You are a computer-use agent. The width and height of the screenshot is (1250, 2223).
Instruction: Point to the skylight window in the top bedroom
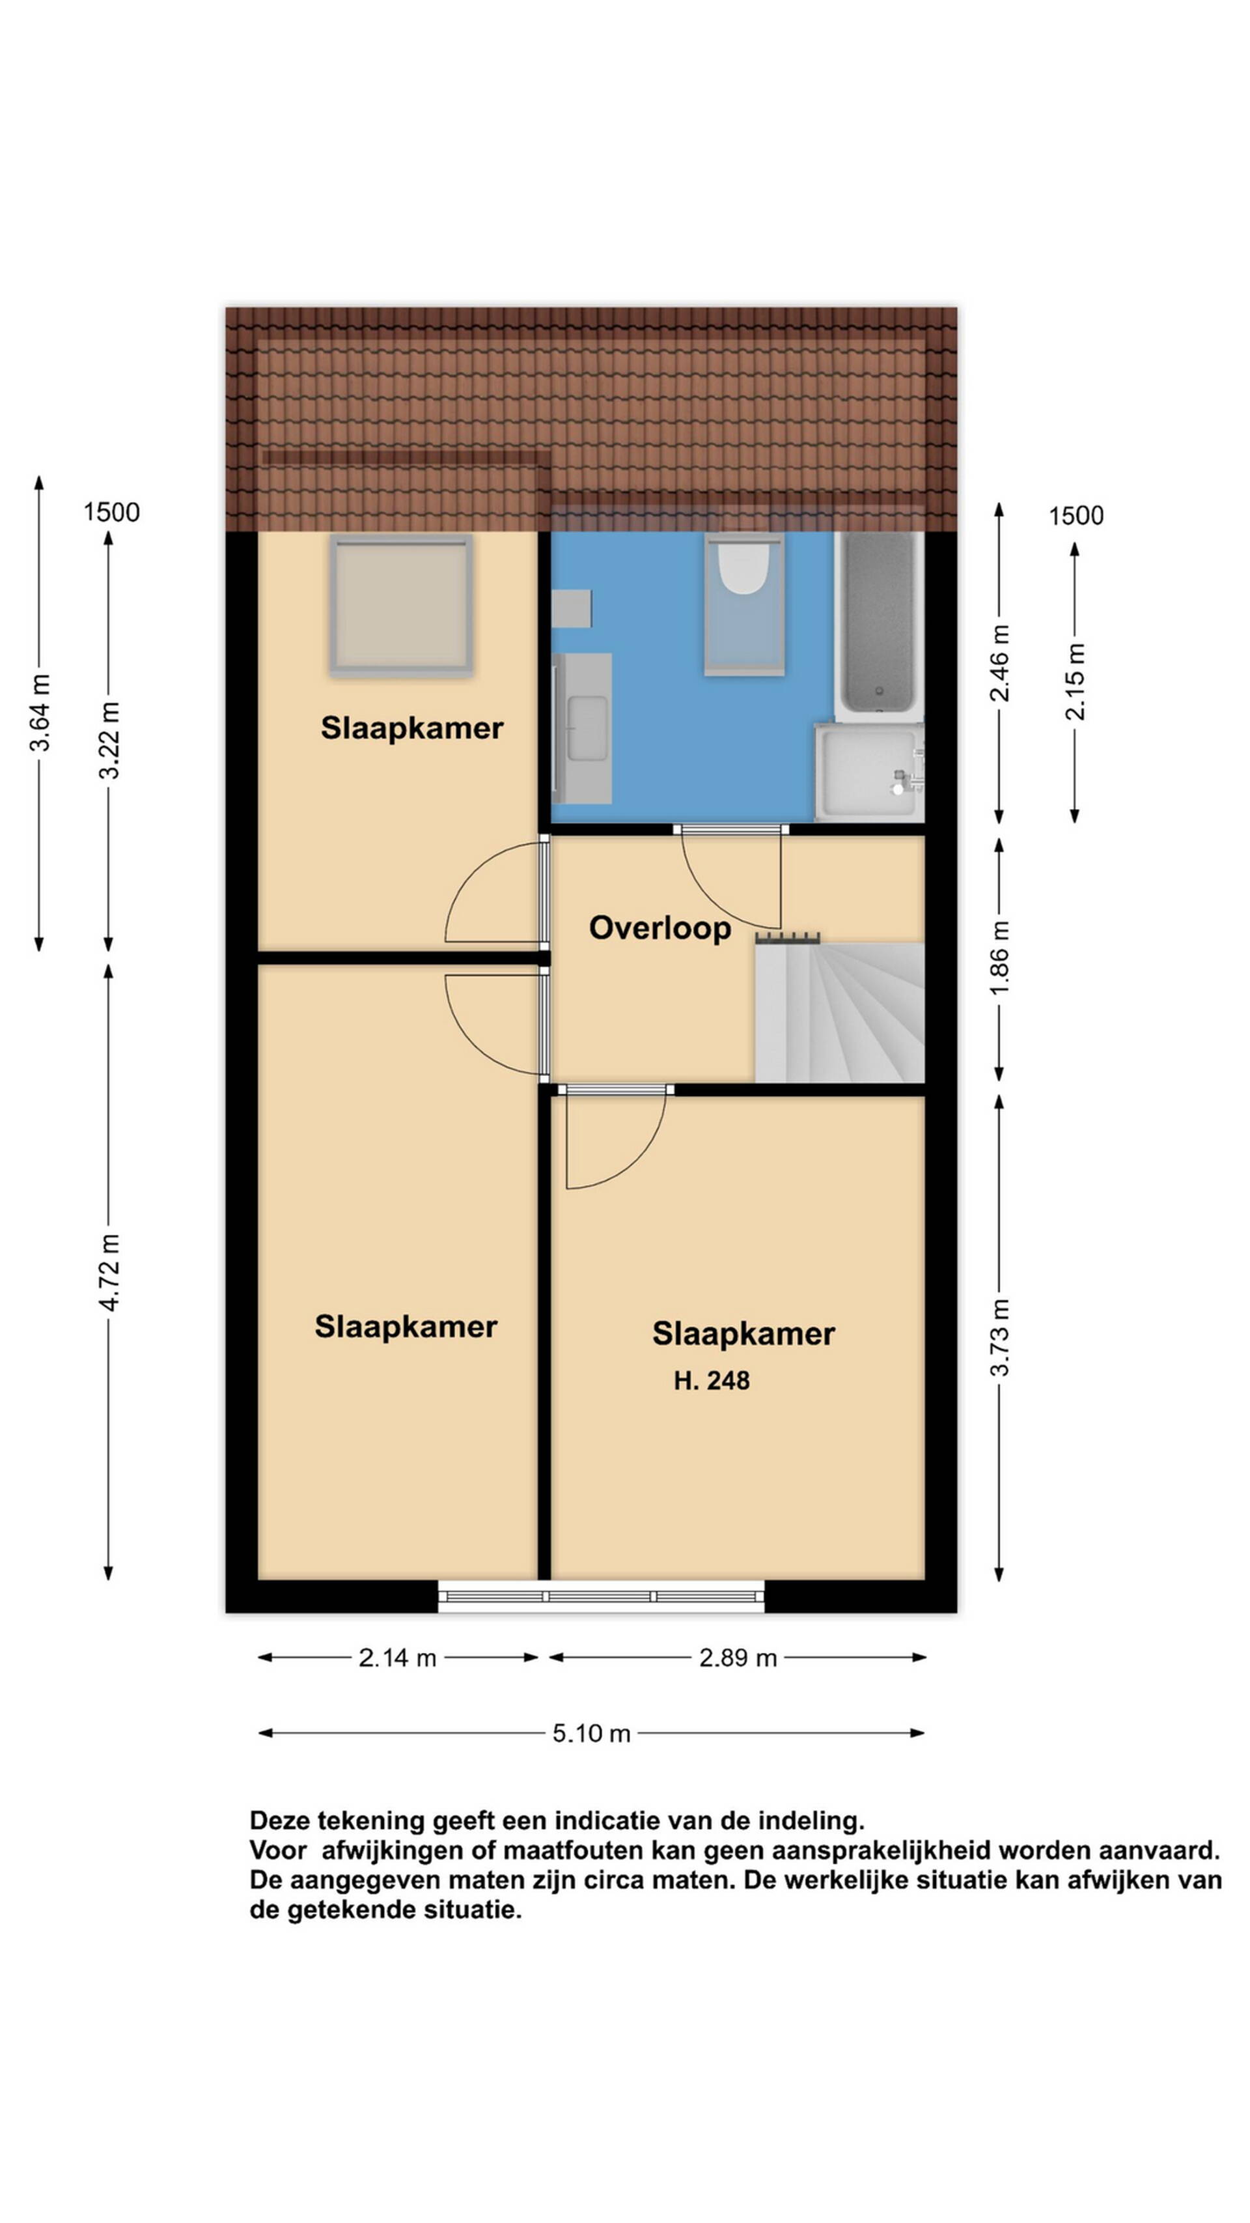pyautogui.click(x=401, y=604)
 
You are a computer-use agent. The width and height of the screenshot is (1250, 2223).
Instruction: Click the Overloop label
pyautogui.click(x=660, y=929)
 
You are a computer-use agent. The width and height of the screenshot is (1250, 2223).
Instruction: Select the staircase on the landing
pyautogui.click(x=839, y=1010)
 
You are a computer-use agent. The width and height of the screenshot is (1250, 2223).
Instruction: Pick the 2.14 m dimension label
pyautogui.click(x=398, y=1658)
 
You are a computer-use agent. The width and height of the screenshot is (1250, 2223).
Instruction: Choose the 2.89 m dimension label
pyautogui.click(x=738, y=1658)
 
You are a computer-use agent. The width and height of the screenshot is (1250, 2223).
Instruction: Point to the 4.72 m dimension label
pyautogui.click(x=109, y=1272)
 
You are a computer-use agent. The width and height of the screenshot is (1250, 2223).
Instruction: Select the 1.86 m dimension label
pyautogui.click(x=1000, y=958)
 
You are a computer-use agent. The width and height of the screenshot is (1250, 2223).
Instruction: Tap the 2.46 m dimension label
pyautogui.click(x=1000, y=664)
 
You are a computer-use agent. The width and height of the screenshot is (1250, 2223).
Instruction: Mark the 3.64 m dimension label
pyautogui.click(x=40, y=713)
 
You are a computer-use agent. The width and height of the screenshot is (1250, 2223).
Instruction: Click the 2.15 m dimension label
pyautogui.click(x=1076, y=682)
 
